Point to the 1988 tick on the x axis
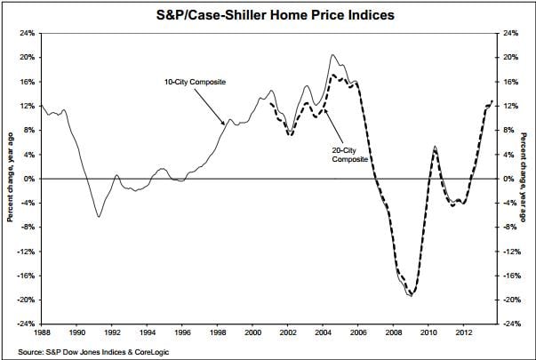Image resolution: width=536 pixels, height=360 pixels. (41, 333)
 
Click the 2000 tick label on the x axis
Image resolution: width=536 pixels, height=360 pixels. (252, 333)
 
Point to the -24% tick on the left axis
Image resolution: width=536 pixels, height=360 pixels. (26, 324)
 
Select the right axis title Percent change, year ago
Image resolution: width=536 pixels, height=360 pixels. (527, 178)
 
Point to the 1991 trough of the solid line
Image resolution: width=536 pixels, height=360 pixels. (99, 216)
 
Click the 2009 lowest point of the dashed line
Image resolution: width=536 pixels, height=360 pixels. (412, 294)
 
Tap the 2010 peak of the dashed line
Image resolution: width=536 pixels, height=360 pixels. (435, 148)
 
